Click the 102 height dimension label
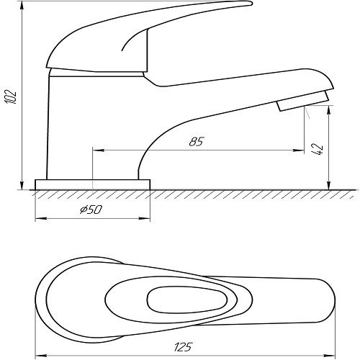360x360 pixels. pyautogui.click(x=11, y=96)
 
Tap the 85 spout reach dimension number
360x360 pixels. pyautogui.click(x=197, y=142)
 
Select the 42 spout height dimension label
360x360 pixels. pyautogui.click(x=318, y=149)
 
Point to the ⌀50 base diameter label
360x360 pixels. pyautogui.click(x=91, y=210)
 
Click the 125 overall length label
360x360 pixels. pyautogui.click(x=184, y=347)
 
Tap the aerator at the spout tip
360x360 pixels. pyautogui.click(x=303, y=101)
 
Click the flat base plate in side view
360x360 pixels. pyautogui.click(x=93, y=184)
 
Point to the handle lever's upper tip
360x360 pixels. pyautogui.click(x=251, y=4)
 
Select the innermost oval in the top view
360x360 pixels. pyautogui.click(x=187, y=300)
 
